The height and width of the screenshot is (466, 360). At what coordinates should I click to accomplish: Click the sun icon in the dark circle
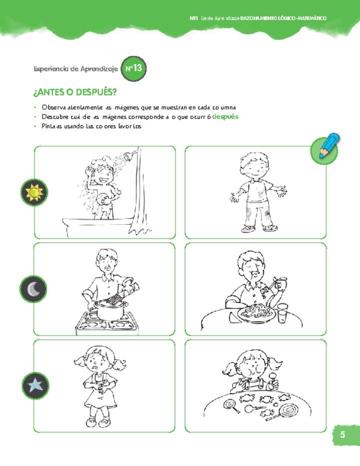34,192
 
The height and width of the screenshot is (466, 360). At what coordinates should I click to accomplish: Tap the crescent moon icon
33,289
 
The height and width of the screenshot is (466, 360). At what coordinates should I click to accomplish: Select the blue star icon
35,385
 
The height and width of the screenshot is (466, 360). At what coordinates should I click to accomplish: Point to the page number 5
342,435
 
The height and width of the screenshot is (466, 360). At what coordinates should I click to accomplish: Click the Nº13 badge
133,68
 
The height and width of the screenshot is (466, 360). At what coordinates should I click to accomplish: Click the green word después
225,116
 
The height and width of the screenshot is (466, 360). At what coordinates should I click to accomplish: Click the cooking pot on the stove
110,309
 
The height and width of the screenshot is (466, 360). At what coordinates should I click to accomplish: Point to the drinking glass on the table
283,313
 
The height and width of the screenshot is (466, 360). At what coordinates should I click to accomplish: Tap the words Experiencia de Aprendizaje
75,69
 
